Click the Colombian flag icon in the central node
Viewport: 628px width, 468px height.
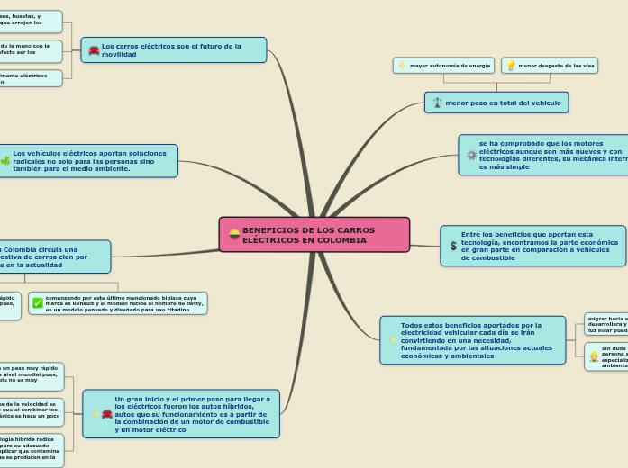tap(234, 235)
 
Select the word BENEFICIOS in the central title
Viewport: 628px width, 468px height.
tap(268, 230)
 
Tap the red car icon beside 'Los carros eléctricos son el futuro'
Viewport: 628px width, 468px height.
tap(94, 50)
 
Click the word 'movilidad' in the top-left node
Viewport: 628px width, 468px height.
tap(119, 54)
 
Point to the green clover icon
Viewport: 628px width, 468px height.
tap(5, 161)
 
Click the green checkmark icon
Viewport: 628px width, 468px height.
tap(37, 303)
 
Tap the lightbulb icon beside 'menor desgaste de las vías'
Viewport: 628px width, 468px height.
tap(511, 66)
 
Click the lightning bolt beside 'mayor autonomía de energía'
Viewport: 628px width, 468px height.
tap(402, 66)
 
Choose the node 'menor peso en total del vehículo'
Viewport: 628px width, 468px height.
tap(496, 103)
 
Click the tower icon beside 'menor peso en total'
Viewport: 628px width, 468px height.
tap(437, 103)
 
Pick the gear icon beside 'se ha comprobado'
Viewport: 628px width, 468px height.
tap(471, 155)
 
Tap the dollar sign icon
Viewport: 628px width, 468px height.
tap(453, 246)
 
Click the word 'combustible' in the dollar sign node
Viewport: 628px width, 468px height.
tap(487, 257)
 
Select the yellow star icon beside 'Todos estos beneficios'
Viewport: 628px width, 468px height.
tap(392, 340)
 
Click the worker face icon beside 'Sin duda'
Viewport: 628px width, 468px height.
tap(594, 356)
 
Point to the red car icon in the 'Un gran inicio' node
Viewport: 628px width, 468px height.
tap(107, 414)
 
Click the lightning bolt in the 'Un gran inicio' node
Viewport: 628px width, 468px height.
tap(96, 414)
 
